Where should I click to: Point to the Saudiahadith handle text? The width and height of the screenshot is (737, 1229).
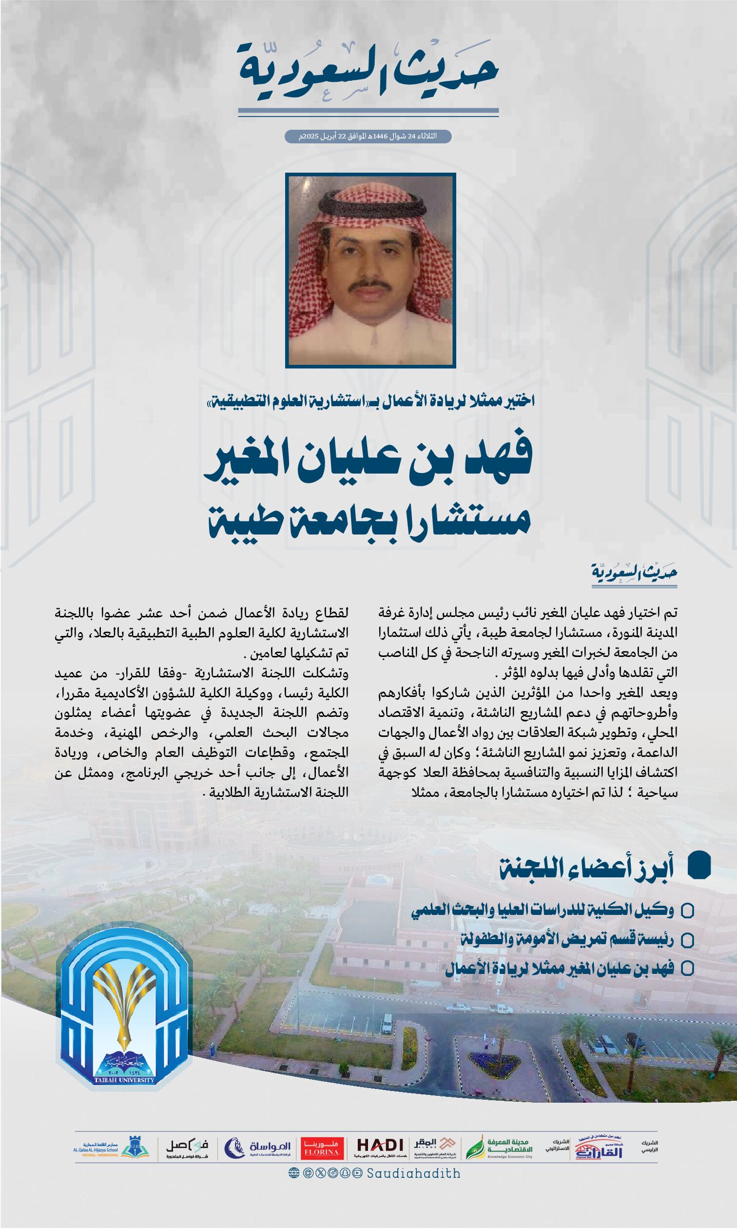[x=414, y=1173]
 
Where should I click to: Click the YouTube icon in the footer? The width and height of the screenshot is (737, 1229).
[x=358, y=1173]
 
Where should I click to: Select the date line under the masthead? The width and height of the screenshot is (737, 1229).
[x=368, y=136]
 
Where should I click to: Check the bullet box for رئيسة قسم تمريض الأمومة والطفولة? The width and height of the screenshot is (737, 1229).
[x=687, y=940]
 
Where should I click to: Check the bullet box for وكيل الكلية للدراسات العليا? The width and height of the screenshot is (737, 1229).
[x=687, y=911]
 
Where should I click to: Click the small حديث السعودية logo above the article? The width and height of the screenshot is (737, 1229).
[x=634, y=573]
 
